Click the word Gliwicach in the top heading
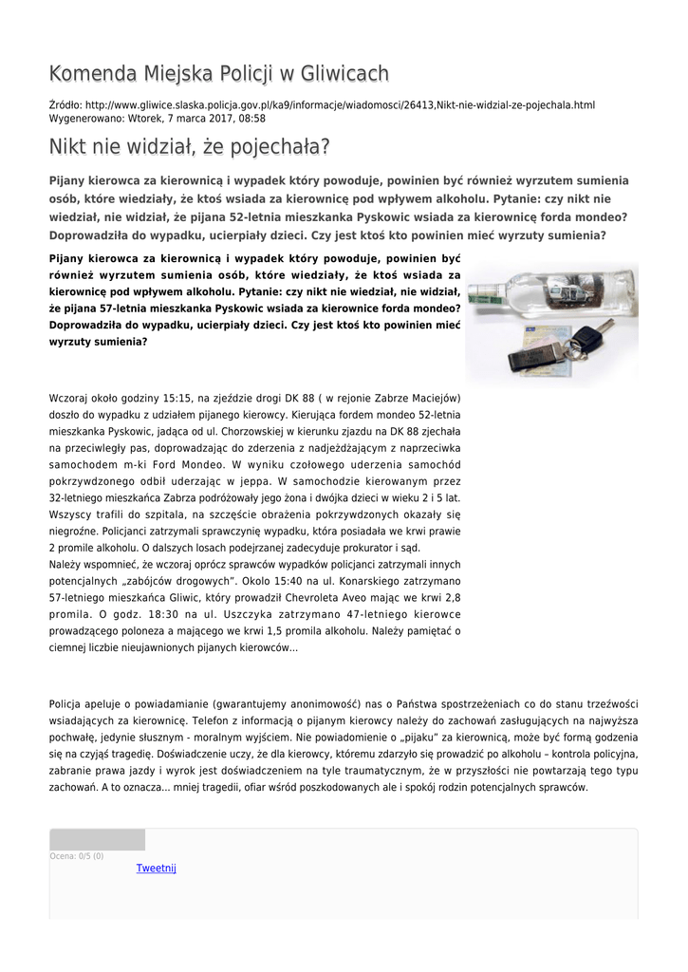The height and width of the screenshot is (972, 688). pyautogui.click(x=343, y=74)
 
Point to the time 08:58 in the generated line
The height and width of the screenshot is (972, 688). pyautogui.click(x=251, y=119)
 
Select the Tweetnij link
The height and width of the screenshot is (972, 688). pyautogui.click(x=156, y=868)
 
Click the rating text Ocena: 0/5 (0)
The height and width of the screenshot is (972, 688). pyautogui.click(x=77, y=856)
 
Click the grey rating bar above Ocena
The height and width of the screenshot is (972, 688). pyautogui.click(x=97, y=839)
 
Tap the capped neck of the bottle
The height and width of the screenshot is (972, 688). pyautogui.click(x=487, y=293)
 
